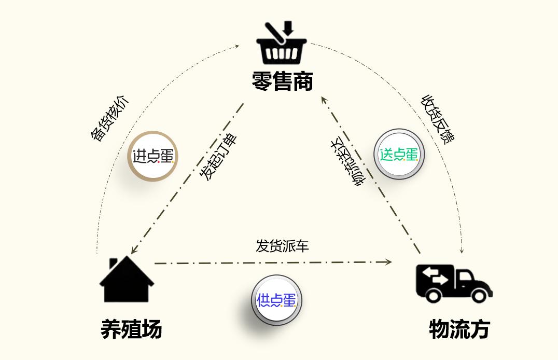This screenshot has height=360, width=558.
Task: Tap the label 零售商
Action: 283,81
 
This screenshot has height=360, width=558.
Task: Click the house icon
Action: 127,279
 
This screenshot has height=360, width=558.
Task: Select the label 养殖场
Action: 131,329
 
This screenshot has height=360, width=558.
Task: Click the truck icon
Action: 454,284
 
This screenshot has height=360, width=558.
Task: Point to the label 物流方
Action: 459,329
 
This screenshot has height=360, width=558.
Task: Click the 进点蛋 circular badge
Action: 152,156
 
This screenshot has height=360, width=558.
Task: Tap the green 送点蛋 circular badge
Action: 399,154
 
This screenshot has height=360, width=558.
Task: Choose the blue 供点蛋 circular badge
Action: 276,300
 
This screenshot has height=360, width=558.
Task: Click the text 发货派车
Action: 282,246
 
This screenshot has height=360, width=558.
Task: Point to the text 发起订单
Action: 218,157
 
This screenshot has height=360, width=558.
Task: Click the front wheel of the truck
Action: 479,295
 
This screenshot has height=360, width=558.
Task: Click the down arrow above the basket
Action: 288,28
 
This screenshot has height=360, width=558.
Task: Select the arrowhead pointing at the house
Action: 134,250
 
